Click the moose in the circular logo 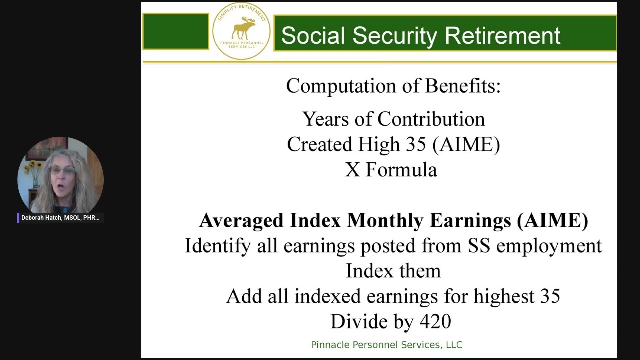243,28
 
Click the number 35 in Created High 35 415,145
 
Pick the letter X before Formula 352,170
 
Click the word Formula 401,170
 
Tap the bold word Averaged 241,220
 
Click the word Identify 218,246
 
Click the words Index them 393,271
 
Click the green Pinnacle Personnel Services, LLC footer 386,345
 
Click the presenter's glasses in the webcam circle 62,170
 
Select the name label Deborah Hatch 60,218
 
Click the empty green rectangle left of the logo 176,31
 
